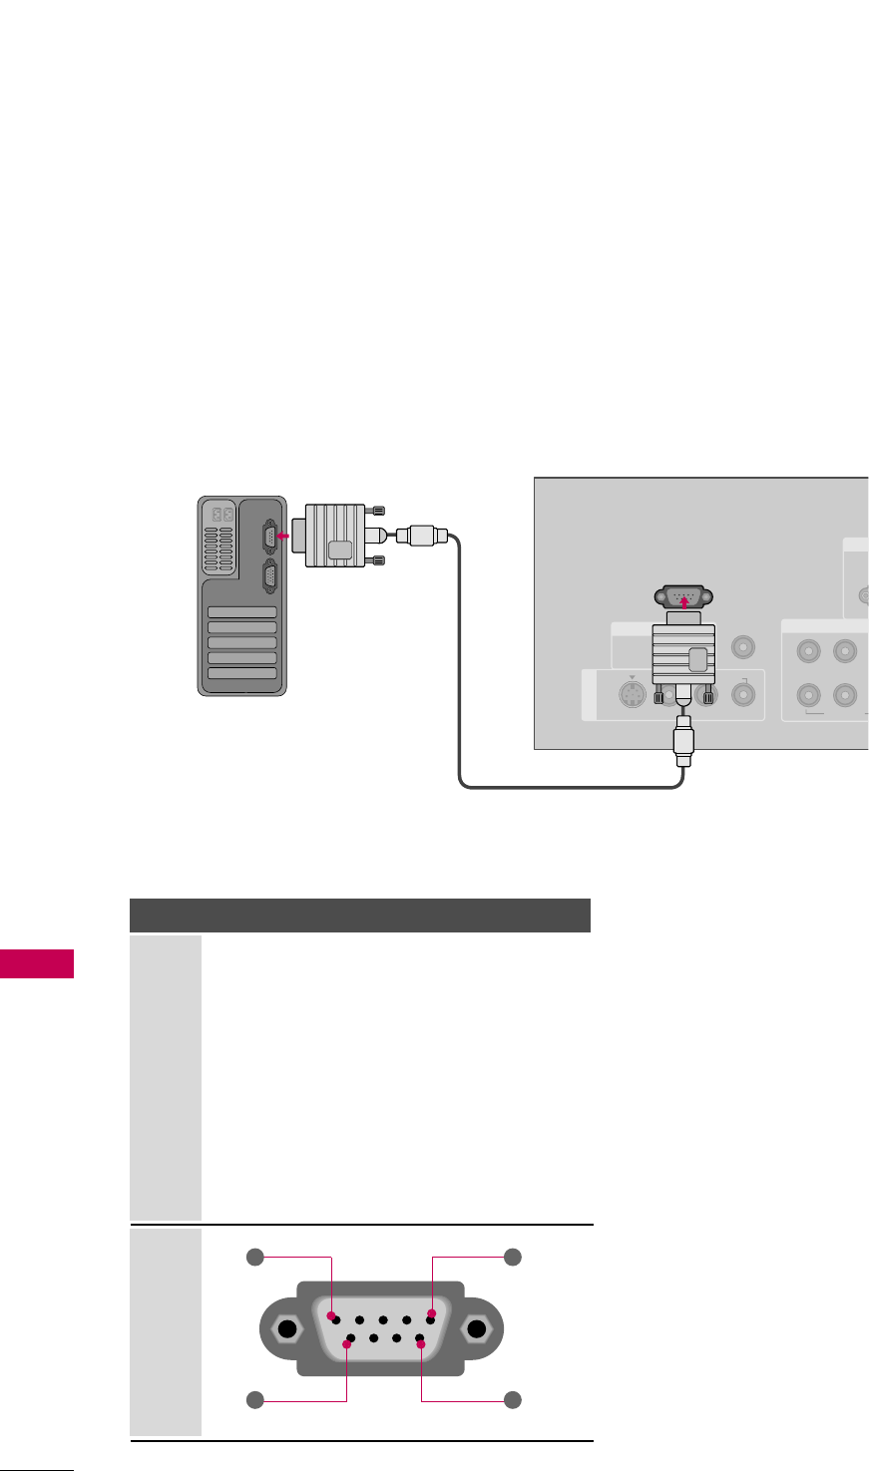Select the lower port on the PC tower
(x=267, y=578)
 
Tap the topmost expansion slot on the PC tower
(x=240, y=612)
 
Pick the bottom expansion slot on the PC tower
(x=240, y=674)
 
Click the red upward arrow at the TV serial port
(x=683, y=602)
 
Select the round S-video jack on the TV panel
(x=629, y=694)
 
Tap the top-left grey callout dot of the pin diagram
(x=255, y=1258)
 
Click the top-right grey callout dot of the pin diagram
(x=512, y=1258)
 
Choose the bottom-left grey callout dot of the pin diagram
(x=255, y=1400)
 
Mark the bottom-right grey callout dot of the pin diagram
(x=512, y=1400)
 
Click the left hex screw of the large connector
(x=287, y=1329)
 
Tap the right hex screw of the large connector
(x=477, y=1329)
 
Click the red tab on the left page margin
(x=37, y=964)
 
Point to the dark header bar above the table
(x=360, y=915)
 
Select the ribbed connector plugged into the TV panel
(x=683, y=653)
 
